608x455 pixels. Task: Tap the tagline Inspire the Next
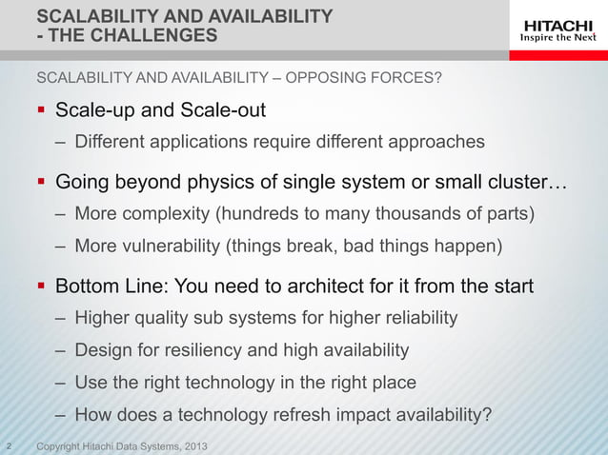coord(557,38)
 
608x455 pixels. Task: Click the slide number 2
coord(9,446)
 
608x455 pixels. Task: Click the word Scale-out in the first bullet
coord(227,110)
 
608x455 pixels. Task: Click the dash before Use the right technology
coord(59,383)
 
